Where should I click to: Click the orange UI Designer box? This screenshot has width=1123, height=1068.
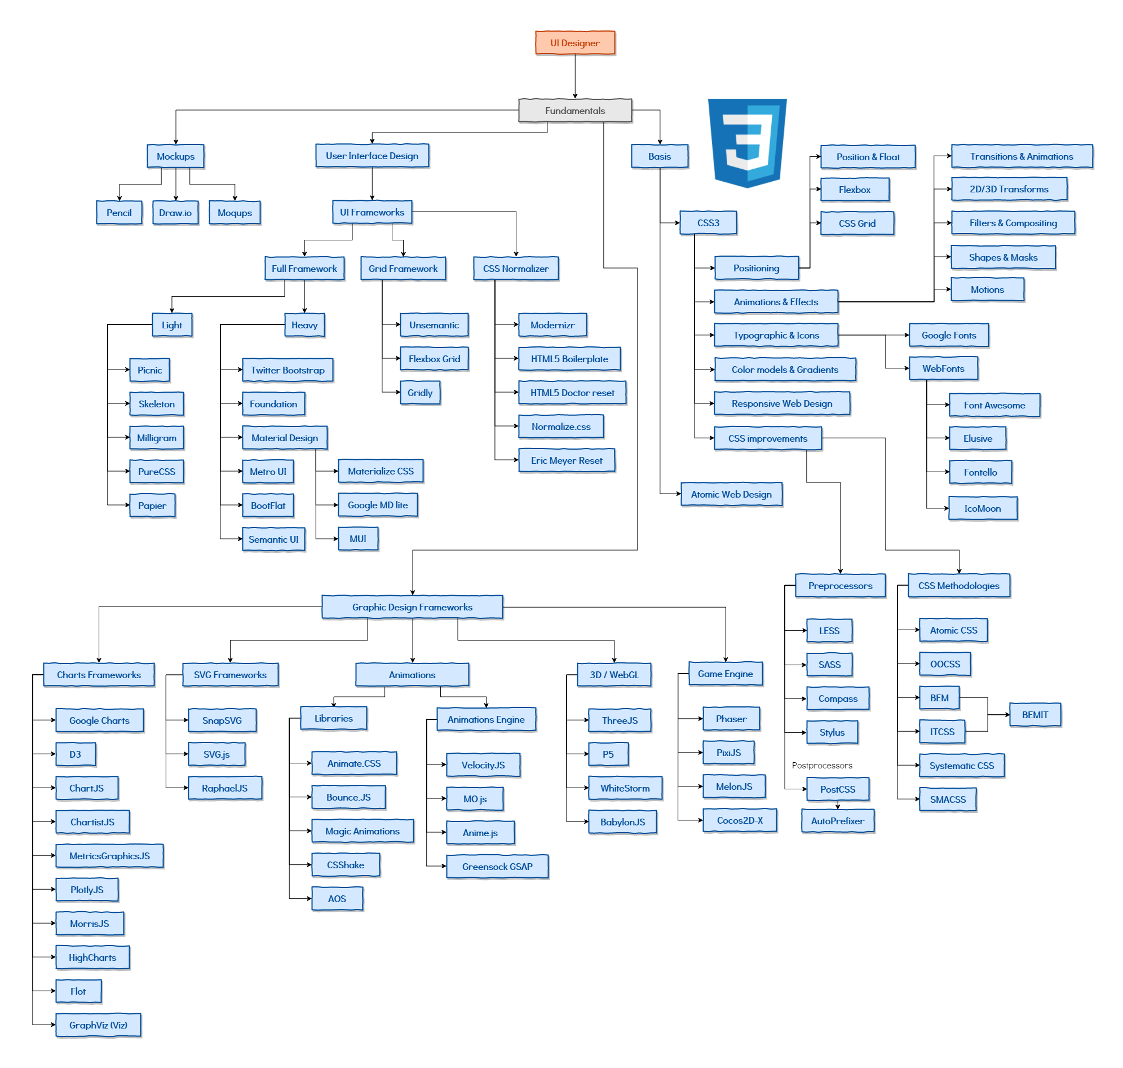(x=575, y=43)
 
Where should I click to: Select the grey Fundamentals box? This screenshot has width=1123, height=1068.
(x=575, y=111)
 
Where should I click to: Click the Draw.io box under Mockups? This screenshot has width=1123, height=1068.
(x=175, y=213)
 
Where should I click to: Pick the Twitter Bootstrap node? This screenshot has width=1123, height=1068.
(x=288, y=371)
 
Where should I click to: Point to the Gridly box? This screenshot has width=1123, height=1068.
(x=420, y=393)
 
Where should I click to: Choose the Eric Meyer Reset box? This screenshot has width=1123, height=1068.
(x=567, y=460)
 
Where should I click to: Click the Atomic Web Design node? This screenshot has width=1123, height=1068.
(x=732, y=495)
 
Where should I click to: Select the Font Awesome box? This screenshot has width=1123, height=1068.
(x=994, y=405)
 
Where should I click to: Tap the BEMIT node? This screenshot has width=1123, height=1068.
(x=1035, y=715)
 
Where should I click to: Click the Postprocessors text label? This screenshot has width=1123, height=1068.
(x=822, y=766)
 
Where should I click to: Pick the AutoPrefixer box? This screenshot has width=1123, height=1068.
(x=837, y=821)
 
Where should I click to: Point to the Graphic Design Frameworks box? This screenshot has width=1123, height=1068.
(x=413, y=608)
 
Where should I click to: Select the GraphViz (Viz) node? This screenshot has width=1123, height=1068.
(x=99, y=1025)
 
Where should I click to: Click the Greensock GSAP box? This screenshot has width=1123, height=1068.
(x=497, y=867)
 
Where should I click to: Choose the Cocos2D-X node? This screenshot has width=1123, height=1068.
(x=740, y=821)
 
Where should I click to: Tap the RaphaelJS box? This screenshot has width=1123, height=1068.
(x=225, y=789)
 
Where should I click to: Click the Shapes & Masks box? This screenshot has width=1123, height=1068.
(x=1003, y=258)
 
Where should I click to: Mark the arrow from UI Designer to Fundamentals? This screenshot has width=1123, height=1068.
(x=575, y=77)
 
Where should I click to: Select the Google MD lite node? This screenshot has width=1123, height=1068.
(x=378, y=506)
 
